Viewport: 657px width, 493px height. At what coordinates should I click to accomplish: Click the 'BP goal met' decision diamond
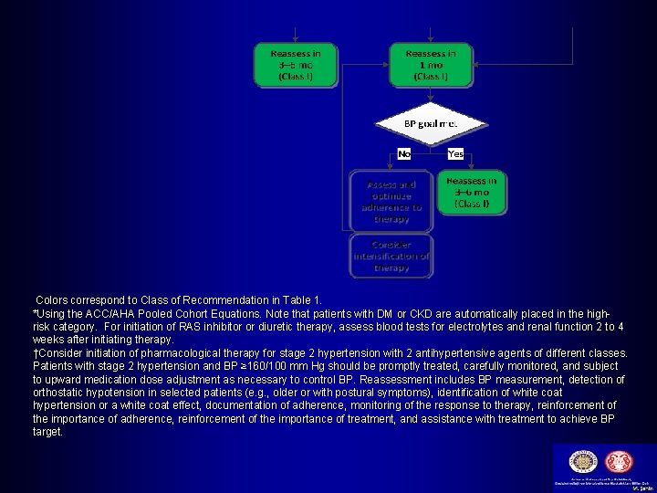(431, 123)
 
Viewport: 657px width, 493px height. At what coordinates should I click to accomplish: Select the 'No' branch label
(403, 154)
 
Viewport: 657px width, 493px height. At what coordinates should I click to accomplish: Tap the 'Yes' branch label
(456, 154)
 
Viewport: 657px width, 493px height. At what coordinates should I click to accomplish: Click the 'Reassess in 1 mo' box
(431, 65)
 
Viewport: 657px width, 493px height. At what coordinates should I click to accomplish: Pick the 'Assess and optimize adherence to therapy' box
(391, 201)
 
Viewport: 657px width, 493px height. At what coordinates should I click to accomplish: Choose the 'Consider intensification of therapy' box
(391, 257)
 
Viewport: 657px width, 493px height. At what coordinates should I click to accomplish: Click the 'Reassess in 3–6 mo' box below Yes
(473, 193)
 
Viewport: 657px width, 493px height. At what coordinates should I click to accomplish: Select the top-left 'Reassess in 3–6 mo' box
(297, 65)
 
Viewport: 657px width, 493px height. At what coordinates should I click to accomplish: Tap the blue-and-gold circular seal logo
(581, 462)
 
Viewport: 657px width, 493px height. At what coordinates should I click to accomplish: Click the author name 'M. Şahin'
(641, 488)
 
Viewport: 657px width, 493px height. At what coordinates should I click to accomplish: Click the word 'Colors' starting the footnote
(52, 299)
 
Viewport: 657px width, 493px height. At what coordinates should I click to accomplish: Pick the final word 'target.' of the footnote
(48, 432)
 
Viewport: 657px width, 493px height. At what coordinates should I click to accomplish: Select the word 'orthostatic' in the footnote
(61, 393)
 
